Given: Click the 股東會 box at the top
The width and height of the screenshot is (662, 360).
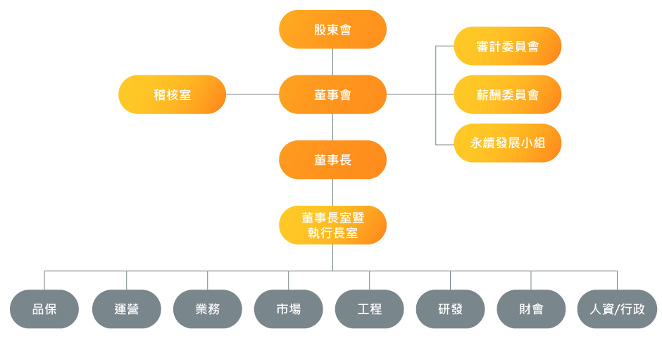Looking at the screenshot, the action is coord(332,29).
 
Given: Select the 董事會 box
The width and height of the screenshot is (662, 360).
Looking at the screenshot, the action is coord(332,94).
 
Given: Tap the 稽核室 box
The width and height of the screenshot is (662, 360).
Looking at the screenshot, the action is coord(173,94).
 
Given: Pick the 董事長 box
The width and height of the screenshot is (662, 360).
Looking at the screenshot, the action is coord(332,160).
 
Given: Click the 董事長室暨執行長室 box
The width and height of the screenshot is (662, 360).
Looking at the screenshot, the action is coord(332,225).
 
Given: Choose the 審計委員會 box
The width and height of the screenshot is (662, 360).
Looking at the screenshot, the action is coord(508,46).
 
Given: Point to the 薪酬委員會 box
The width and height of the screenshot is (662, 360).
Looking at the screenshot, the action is coord(508,94).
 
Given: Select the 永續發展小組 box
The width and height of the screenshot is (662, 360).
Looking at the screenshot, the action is coord(508,143).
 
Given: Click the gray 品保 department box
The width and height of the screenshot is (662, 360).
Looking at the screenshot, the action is coord(44,309).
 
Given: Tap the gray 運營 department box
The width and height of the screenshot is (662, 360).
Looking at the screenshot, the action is coord(127,309).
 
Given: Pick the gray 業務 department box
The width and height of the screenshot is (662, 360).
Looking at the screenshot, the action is coord(208,309).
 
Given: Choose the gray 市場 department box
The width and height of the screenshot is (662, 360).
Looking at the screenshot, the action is coord(289,309).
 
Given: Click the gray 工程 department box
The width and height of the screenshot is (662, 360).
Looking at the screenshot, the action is coord(370,309).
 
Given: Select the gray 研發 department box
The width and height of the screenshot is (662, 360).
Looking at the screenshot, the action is coord(451,309).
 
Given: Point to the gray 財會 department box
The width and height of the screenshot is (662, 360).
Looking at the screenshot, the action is coord(531,309).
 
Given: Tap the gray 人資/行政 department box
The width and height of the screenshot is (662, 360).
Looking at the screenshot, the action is coord(617,309).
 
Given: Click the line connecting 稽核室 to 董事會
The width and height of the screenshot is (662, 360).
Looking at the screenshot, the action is coord(252,94).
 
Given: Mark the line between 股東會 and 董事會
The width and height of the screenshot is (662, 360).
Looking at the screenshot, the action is coord(332,62).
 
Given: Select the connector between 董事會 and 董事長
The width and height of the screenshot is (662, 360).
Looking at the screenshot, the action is coord(332,127).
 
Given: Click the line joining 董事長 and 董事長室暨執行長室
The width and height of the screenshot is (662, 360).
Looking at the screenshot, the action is coord(332,192).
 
